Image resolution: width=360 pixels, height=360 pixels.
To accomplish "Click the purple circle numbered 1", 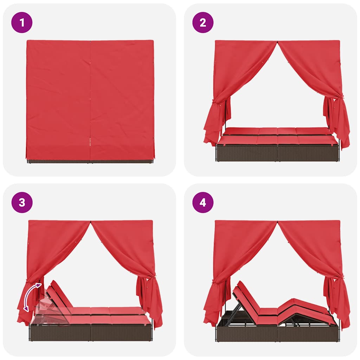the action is coord(22,22).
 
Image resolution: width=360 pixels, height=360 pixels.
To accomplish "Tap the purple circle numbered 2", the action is coord(203,22).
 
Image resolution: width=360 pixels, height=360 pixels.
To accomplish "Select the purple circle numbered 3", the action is coord(22,202).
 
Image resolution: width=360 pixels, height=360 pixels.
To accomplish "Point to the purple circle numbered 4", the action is coord(203,202).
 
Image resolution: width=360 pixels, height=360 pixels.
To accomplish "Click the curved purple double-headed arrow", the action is coord(29,296).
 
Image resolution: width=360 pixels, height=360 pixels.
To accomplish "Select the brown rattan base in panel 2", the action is coord(277,153).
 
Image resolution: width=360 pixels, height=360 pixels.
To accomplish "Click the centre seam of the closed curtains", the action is coord(90,101).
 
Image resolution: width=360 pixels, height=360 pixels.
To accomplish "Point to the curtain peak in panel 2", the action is coord(277,42).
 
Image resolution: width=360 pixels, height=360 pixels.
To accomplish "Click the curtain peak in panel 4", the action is coord(277,222).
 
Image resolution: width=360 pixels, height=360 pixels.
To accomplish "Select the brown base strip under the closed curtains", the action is coord(90,161).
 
